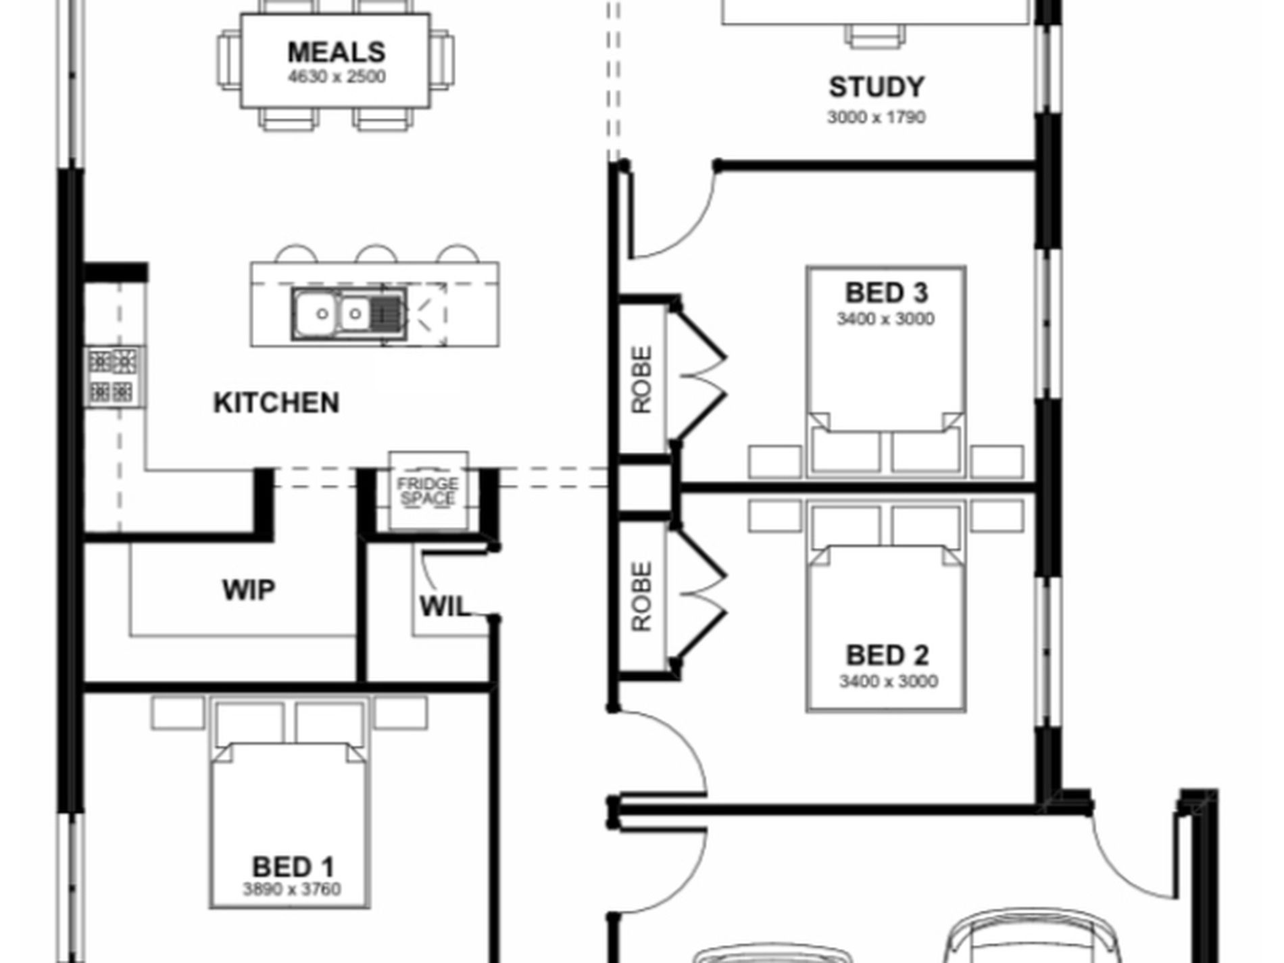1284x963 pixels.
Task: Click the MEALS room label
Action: (x=337, y=52)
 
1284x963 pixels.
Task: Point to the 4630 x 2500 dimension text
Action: (x=337, y=76)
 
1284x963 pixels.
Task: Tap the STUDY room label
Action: (x=876, y=87)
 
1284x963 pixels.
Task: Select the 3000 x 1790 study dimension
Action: (x=876, y=117)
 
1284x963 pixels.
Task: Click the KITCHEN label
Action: (x=276, y=403)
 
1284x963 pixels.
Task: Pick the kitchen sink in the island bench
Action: (x=349, y=314)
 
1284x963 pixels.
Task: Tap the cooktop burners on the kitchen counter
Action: (x=114, y=377)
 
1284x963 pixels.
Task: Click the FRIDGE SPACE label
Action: (x=428, y=491)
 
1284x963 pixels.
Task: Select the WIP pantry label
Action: (x=249, y=590)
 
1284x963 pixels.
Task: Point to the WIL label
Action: (x=444, y=606)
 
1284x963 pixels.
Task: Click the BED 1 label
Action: (x=293, y=866)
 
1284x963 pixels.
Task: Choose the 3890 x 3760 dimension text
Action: (x=292, y=889)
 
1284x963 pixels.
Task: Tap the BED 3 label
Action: (x=887, y=293)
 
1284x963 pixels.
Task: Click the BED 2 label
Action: (x=887, y=655)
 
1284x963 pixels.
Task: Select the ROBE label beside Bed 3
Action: (x=642, y=380)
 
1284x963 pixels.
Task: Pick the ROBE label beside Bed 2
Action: (x=642, y=597)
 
